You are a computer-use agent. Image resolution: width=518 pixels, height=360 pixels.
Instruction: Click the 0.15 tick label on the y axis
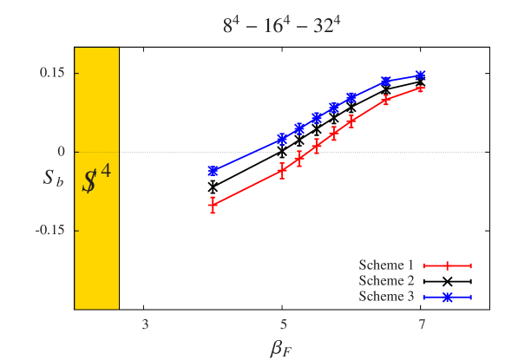click(x=53, y=73)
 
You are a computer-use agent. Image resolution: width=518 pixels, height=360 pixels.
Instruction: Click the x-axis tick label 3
click(x=145, y=325)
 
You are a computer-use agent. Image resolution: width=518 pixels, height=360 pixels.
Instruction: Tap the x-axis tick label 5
click(x=283, y=325)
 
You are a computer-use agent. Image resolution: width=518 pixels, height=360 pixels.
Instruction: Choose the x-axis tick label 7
click(x=422, y=325)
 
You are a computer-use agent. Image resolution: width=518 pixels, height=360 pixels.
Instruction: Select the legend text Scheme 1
click(x=387, y=265)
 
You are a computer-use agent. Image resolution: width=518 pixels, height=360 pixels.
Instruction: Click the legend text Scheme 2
click(x=387, y=281)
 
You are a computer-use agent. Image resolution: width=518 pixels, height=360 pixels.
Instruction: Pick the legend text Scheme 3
click(x=387, y=297)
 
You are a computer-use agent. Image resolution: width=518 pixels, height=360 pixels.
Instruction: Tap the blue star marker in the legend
click(x=447, y=298)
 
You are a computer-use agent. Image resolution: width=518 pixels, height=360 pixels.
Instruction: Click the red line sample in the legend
click(x=447, y=265)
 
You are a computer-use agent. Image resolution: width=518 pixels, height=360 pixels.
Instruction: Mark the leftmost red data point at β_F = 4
click(x=213, y=206)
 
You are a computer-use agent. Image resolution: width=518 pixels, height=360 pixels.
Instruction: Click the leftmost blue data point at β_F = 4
click(x=213, y=171)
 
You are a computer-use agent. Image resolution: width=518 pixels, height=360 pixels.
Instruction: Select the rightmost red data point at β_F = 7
click(x=421, y=88)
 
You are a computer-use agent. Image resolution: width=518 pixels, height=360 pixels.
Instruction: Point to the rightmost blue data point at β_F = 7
click(x=421, y=75)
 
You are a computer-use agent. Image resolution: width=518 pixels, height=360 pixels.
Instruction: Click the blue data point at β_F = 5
click(x=282, y=139)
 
